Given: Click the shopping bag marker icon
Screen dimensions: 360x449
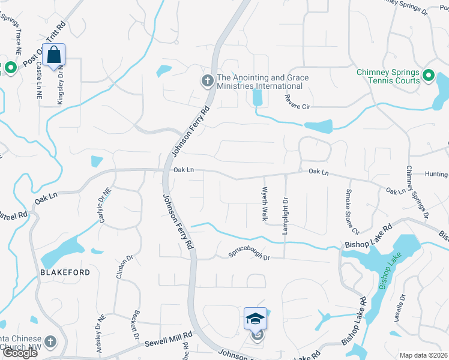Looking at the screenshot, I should tap(54, 55).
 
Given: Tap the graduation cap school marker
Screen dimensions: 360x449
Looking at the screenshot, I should tap(255, 318).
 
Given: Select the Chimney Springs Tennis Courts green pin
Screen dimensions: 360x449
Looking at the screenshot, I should tap(428, 76).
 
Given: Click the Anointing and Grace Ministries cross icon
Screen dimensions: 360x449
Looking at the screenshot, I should tap(208, 80).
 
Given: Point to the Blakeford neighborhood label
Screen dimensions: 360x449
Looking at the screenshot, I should tap(65, 272).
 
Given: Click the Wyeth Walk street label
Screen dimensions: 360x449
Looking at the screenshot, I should tap(264, 204).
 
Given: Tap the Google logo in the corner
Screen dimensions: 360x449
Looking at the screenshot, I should tap(19, 353).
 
